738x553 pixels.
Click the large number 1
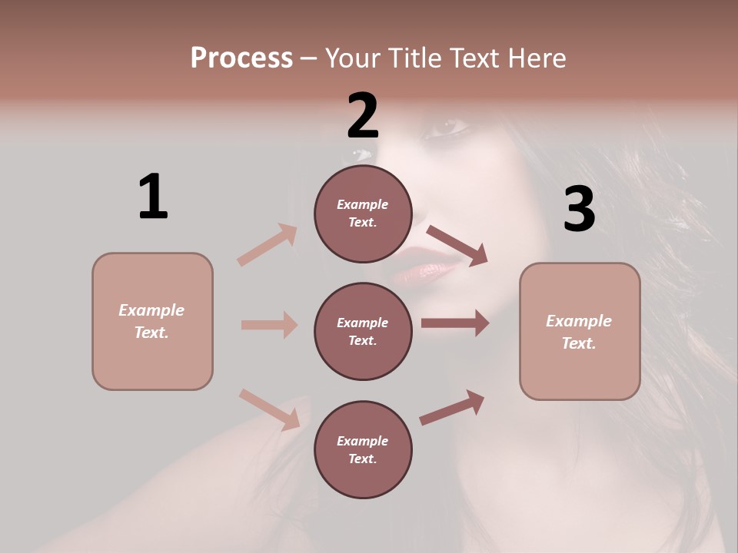coord(152,197)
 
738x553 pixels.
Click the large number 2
coord(363,116)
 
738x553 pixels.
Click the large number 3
coord(579,210)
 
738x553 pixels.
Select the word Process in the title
coord(241,58)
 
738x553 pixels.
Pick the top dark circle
coord(363,214)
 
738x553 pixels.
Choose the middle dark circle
coord(363,332)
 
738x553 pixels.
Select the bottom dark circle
coord(363,450)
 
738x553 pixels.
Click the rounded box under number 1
coord(152,321)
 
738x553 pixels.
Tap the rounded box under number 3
coord(580,332)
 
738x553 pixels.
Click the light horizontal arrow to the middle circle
coord(269,325)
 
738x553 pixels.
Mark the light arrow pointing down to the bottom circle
coord(270,409)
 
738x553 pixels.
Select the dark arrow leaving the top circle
coord(457,246)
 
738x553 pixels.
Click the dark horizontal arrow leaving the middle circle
coord(454,323)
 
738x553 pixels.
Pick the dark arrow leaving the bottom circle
coord(452,407)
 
